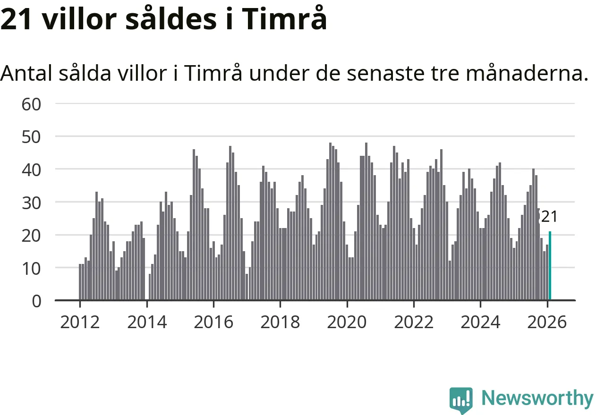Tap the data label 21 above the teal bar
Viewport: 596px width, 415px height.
[x=549, y=217]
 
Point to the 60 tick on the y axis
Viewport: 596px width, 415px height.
[x=32, y=103]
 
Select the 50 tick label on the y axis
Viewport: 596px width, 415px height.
[x=32, y=136]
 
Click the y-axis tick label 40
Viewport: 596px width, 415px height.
[x=32, y=169]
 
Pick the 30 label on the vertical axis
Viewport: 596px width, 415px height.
[x=32, y=202]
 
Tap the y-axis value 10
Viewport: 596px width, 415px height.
[x=32, y=268]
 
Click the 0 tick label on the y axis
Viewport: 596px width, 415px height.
[x=36, y=301]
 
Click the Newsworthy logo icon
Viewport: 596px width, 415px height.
[x=461, y=400]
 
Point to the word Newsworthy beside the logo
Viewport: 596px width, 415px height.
[x=537, y=398]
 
